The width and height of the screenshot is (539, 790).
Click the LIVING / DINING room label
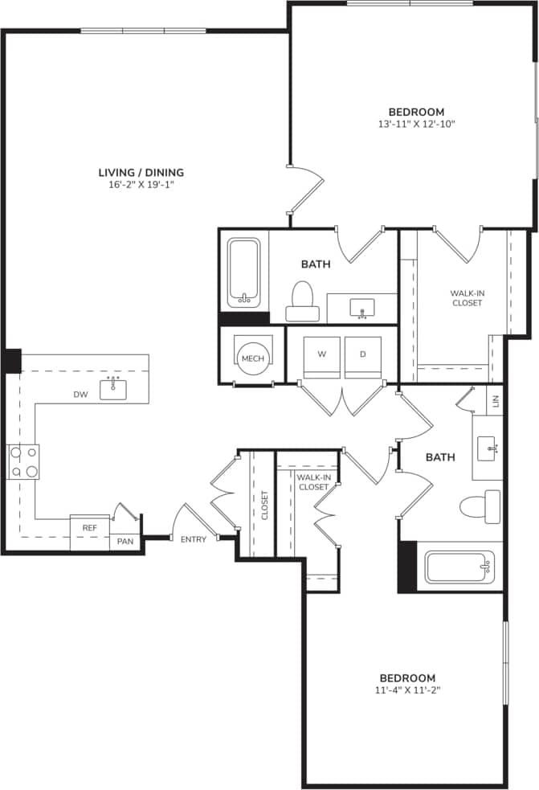141,172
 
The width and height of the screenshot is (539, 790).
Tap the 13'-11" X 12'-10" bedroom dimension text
416,125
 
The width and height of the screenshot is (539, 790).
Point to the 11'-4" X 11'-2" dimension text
407,690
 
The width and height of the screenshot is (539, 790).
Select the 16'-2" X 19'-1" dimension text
141,185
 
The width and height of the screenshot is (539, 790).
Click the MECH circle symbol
253,357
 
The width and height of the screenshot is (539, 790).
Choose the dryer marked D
363,354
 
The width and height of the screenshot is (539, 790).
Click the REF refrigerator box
89,528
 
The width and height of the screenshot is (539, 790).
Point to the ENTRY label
193,539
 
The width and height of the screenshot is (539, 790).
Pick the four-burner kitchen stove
23,462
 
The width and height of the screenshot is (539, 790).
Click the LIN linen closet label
495,399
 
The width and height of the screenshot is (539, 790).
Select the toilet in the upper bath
302,296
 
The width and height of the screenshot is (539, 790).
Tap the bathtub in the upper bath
243,272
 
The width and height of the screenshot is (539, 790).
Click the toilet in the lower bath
480,506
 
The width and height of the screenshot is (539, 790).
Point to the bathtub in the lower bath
459,567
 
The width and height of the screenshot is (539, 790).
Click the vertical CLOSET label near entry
264,505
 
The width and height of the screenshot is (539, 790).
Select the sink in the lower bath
487,449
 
